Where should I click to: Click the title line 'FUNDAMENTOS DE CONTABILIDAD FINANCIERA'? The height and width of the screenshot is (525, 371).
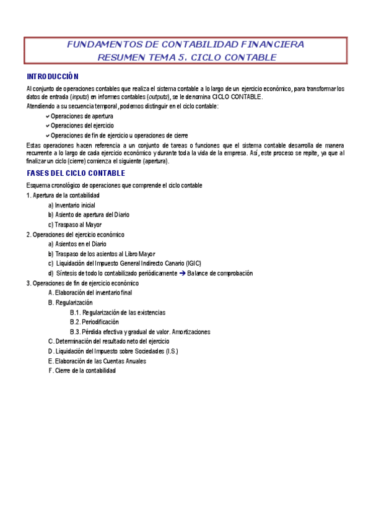pyautogui.click(x=185, y=45)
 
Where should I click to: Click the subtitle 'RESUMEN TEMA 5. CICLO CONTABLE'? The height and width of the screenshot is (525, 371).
pyautogui.click(x=187, y=58)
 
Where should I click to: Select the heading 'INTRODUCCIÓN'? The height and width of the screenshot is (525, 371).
pyautogui.click(x=52, y=77)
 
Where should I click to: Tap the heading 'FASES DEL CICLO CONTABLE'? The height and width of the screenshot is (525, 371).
pyautogui.click(x=76, y=173)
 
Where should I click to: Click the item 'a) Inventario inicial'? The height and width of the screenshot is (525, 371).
pyautogui.click(x=71, y=205)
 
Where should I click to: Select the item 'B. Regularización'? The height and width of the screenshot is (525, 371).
pyautogui.click(x=70, y=303)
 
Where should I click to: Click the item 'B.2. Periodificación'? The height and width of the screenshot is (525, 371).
pyautogui.click(x=94, y=322)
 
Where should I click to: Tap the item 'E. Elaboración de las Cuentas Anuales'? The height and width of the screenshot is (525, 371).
pyautogui.click(x=97, y=361)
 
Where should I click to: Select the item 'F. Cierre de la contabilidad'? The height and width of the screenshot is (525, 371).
pyautogui.click(x=82, y=370)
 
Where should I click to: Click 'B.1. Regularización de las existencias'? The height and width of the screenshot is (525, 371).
pyautogui.click(x=117, y=313)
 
